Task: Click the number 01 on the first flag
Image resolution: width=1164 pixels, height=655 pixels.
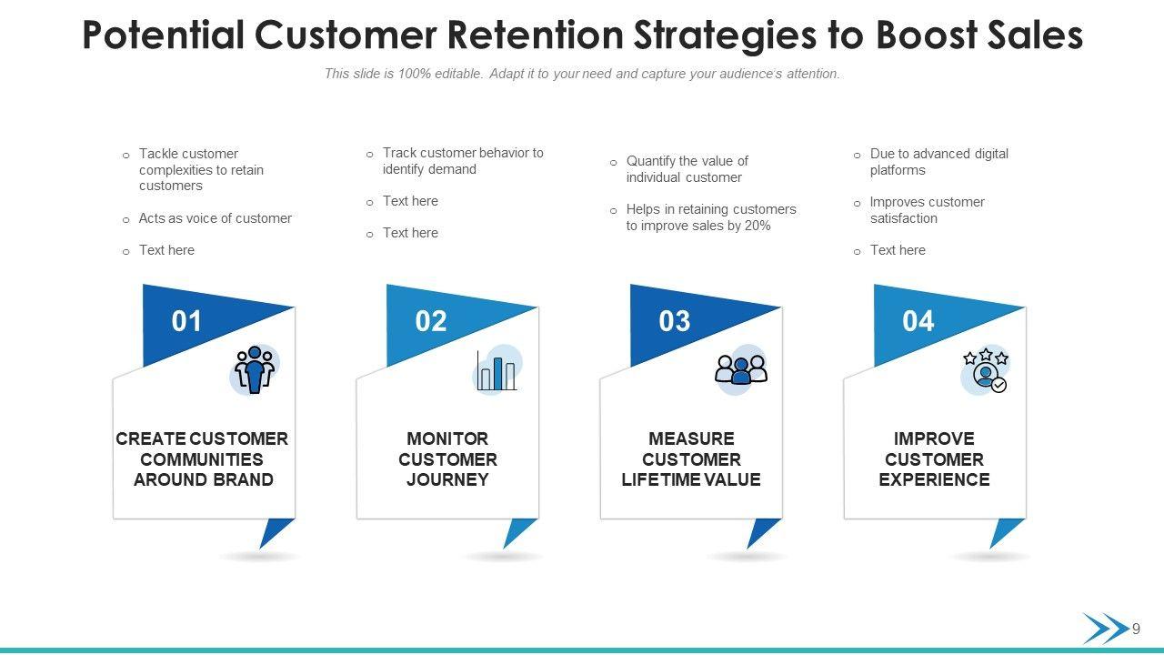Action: (186, 321)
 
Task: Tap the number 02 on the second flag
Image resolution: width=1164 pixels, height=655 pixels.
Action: (431, 321)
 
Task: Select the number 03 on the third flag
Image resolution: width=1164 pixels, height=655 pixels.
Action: (675, 321)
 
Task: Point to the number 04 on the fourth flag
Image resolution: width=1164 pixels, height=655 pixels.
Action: (918, 321)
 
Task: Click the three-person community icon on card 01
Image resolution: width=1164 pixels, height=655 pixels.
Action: (255, 369)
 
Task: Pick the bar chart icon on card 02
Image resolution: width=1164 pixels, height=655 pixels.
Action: (497, 370)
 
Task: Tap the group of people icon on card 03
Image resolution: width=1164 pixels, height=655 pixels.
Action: (741, 369)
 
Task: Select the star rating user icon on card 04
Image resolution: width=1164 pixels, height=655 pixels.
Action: (986, 370)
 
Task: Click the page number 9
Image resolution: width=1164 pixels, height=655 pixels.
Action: (1136, 629)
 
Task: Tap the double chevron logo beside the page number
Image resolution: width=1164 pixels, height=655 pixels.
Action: (1106, 629)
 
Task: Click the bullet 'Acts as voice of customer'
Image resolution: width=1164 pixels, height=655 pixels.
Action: (216, 218)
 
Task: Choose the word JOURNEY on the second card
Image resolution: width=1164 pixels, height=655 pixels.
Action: (447, 479)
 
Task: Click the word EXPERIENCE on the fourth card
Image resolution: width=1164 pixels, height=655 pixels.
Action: (934, 479)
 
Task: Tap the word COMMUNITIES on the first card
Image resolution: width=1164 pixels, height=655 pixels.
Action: (202, 459)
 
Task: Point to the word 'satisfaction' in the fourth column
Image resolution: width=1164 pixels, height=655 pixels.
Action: (904, 218)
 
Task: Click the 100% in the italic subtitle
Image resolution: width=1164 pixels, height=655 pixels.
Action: (415, 74)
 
